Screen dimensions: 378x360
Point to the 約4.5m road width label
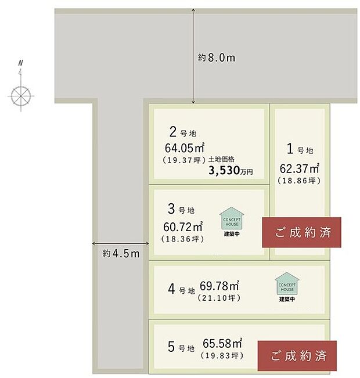[121, 254]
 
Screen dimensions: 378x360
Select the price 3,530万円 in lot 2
[234, 171]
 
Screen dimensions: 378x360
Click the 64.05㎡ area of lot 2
[184, 147]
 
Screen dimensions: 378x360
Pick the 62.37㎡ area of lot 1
[300, 168]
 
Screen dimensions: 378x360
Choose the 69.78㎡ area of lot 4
[220, 286]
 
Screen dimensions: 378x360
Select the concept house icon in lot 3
[232, 219]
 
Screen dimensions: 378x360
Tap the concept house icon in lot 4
[287, 284]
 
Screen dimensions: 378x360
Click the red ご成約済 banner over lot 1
[302, 233]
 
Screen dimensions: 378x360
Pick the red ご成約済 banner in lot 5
[296, 354]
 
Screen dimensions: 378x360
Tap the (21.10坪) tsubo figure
[220, 298]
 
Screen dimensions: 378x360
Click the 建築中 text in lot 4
[287, 299]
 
